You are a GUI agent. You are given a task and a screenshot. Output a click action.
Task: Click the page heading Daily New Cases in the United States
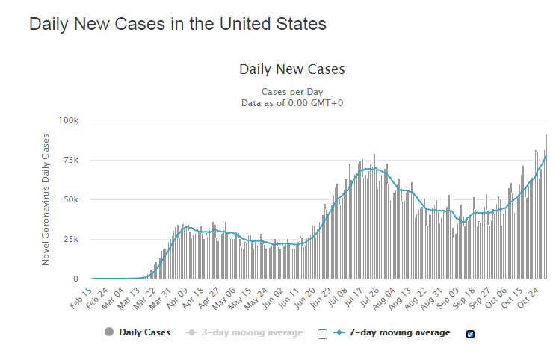(x=178, y=24)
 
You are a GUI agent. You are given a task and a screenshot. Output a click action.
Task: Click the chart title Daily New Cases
(x=291, y=69)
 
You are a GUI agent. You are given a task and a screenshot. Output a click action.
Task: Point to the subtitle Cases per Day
(x=291, y=92)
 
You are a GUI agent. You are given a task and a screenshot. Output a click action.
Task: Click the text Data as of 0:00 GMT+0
(x=291, y=103)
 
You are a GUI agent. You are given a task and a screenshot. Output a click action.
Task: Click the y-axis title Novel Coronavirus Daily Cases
(x=46, y=199)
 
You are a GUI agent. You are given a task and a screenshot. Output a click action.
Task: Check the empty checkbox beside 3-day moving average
(x=322, y=334)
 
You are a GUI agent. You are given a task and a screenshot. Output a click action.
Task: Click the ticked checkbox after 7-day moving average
(x=470, y=334)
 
